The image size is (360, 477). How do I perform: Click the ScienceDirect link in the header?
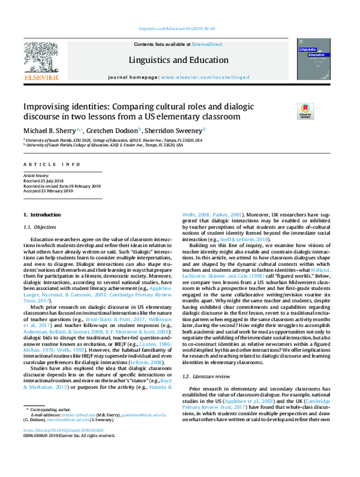[206, 44]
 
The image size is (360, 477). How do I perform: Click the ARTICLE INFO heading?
[45, 164]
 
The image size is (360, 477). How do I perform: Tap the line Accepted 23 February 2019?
[49, 191]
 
